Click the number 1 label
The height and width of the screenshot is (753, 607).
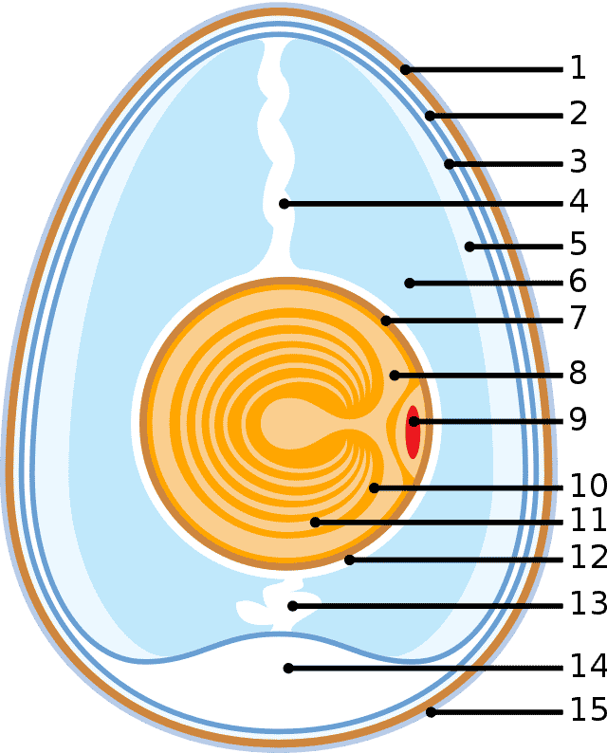click(579, 67)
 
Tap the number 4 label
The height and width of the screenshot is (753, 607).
click(579, 202)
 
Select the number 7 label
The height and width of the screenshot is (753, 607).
click(579, 318)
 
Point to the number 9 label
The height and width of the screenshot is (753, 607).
click(579, 419)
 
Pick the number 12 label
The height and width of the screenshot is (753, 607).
click(588, 557)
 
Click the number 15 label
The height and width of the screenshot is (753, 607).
click(588, 709)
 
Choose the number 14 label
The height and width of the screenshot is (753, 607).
click(588, 666)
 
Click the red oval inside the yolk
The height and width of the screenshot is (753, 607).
click(413, 432)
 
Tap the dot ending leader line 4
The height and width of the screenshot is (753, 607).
click(285, 204)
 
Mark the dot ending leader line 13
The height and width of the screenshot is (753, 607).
click(292, 606)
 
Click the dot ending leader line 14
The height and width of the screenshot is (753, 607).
click(288, 668)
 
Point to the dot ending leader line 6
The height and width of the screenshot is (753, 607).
click(410, 283)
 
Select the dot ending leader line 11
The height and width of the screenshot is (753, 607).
click(315, 522)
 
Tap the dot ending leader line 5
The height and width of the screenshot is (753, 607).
click(469, 247)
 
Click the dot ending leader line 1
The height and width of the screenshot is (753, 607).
click(406, 69)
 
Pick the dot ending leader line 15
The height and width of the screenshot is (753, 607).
click(432, 712)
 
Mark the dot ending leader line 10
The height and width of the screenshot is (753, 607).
click(374, 487)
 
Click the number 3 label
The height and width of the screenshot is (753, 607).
click(579, 161)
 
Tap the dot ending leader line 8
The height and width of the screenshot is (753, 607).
click(395, 375)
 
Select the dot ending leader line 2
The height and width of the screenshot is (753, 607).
click(430, 116)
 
